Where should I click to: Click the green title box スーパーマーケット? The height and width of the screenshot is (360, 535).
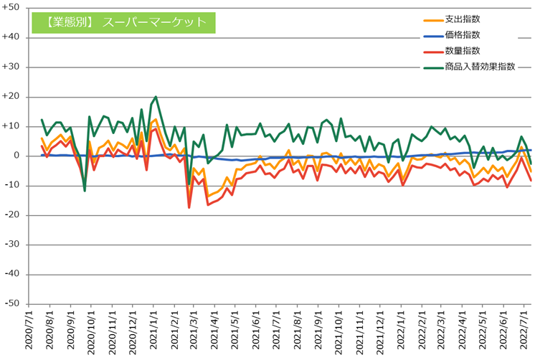click(x=123, y=22)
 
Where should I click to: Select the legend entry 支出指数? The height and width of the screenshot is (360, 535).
click(x=460, y=19)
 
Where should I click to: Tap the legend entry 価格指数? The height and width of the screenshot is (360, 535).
click(x=460, y=35)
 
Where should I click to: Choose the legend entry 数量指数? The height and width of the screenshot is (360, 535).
click(x=460, y=51)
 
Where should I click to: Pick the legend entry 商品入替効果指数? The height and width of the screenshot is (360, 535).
click(x=479, y=67)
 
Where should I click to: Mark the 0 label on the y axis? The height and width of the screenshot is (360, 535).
click(x=18, y=156)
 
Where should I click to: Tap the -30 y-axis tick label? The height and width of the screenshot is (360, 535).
click(x=13, y=245)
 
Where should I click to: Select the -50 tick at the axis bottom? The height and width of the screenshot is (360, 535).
click(x=13, y=304)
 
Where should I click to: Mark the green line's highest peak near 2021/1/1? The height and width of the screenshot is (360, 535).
click(x=156, y=96)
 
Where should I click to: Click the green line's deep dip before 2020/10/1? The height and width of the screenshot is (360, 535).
click(x=85, y=191)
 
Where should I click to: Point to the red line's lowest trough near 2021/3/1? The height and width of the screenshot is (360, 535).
click(x=189, y=207)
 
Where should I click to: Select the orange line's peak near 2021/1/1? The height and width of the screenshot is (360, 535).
click(x=156, y=120)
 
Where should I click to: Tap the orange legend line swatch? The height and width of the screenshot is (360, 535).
click(x=432, y=19)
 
